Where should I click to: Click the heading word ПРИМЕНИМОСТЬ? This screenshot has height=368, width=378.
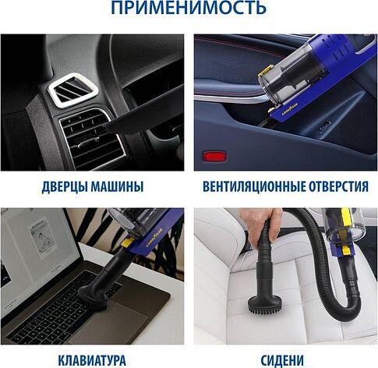[x=188, y=10]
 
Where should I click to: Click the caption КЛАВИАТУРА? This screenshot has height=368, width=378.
[x=91, y=360]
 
